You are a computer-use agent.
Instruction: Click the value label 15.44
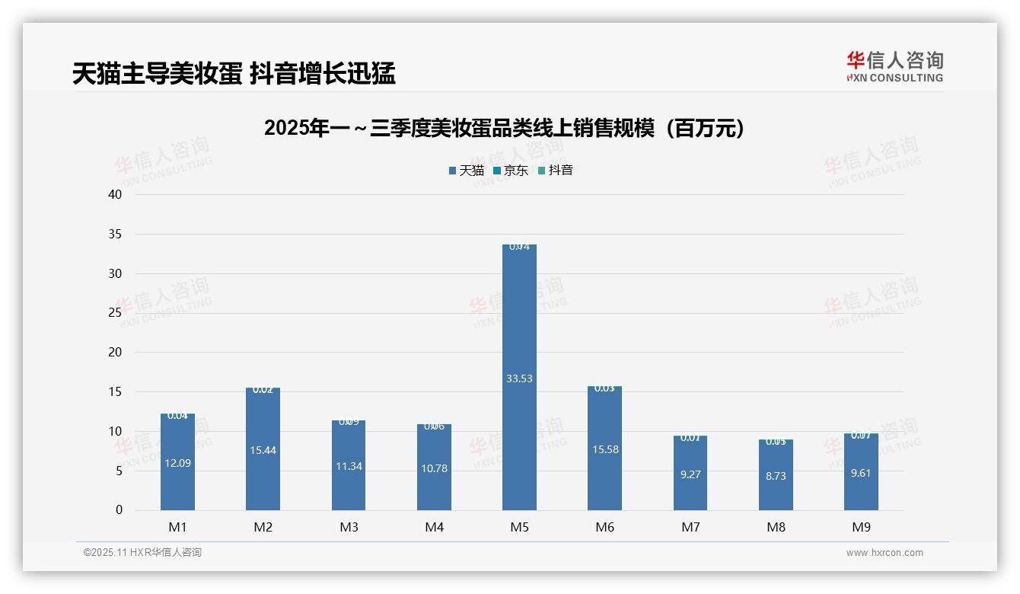pyautogui.click(x=263, y=450)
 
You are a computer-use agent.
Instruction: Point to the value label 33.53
pyautogui.click(x=519, y=378)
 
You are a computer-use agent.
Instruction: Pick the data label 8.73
pyautogui.click(x=776, y=476)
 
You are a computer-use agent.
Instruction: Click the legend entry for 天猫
pyautogui.click(x=467, y=171)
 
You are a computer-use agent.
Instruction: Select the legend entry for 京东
pyautogui.click(x=511, y=171)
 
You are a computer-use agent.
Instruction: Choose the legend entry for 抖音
pyautogui.click(x=556, y=171)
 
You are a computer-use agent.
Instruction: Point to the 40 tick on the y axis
pyautogui.click(x=115, y=194)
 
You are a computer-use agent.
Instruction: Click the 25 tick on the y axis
pyautogui.click(x=115, y=313)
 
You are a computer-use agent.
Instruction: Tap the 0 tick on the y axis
pyautogui.click(x=119, y=510)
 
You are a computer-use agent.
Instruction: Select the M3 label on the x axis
pyautogui.click(x=349, y=527)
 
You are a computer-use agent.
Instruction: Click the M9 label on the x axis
pyautogui.click(x=861, y=527)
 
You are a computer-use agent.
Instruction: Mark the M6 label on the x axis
pyautogui.click(x=604, y=527)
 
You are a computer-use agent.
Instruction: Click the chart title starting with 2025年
pyautogui.click(x=503, y=129)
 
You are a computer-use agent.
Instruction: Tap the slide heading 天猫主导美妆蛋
pyautogui.click(x=234, y=73)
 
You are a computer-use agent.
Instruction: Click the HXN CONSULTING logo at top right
pyautogui.click(x=894, y=66)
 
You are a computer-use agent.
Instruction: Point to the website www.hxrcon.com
pyautogui.click(x=885, y=553)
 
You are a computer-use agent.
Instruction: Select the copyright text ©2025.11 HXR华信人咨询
pyautogui.click(x=142, y=553)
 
